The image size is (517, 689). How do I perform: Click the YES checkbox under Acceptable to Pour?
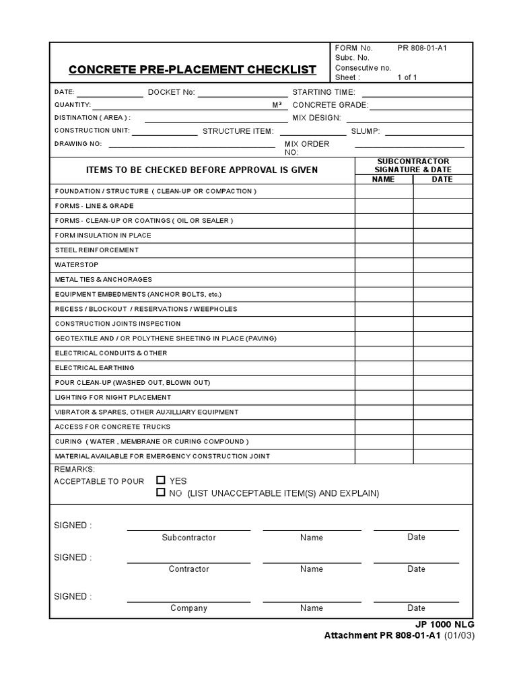coord(160,480)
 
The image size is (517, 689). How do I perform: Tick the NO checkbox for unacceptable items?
coord(160,493)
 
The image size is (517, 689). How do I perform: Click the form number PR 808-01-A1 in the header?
coord(422,48)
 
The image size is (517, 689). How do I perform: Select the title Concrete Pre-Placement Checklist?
coord(192,69)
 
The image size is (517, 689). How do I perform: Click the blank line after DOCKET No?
coord(242,93)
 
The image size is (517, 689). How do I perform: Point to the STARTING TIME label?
coord(319,92)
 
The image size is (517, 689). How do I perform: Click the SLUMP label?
coord(366,131)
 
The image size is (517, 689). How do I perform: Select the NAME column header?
coord(383,180)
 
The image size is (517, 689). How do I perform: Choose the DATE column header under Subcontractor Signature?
coord(442,180)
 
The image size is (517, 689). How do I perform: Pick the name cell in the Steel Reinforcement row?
coord(384,250)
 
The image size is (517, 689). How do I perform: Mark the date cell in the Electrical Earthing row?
coord(442,368)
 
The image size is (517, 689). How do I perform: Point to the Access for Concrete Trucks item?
coord(112,427)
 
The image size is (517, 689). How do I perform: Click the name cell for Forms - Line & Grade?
coord(384,206)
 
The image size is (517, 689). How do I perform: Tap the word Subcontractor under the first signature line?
coord(188,538)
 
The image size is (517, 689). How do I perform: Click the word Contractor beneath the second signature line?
coord(188,569)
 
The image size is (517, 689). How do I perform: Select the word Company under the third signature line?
coord(188,608)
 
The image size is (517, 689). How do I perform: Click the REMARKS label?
coord(74,469)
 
